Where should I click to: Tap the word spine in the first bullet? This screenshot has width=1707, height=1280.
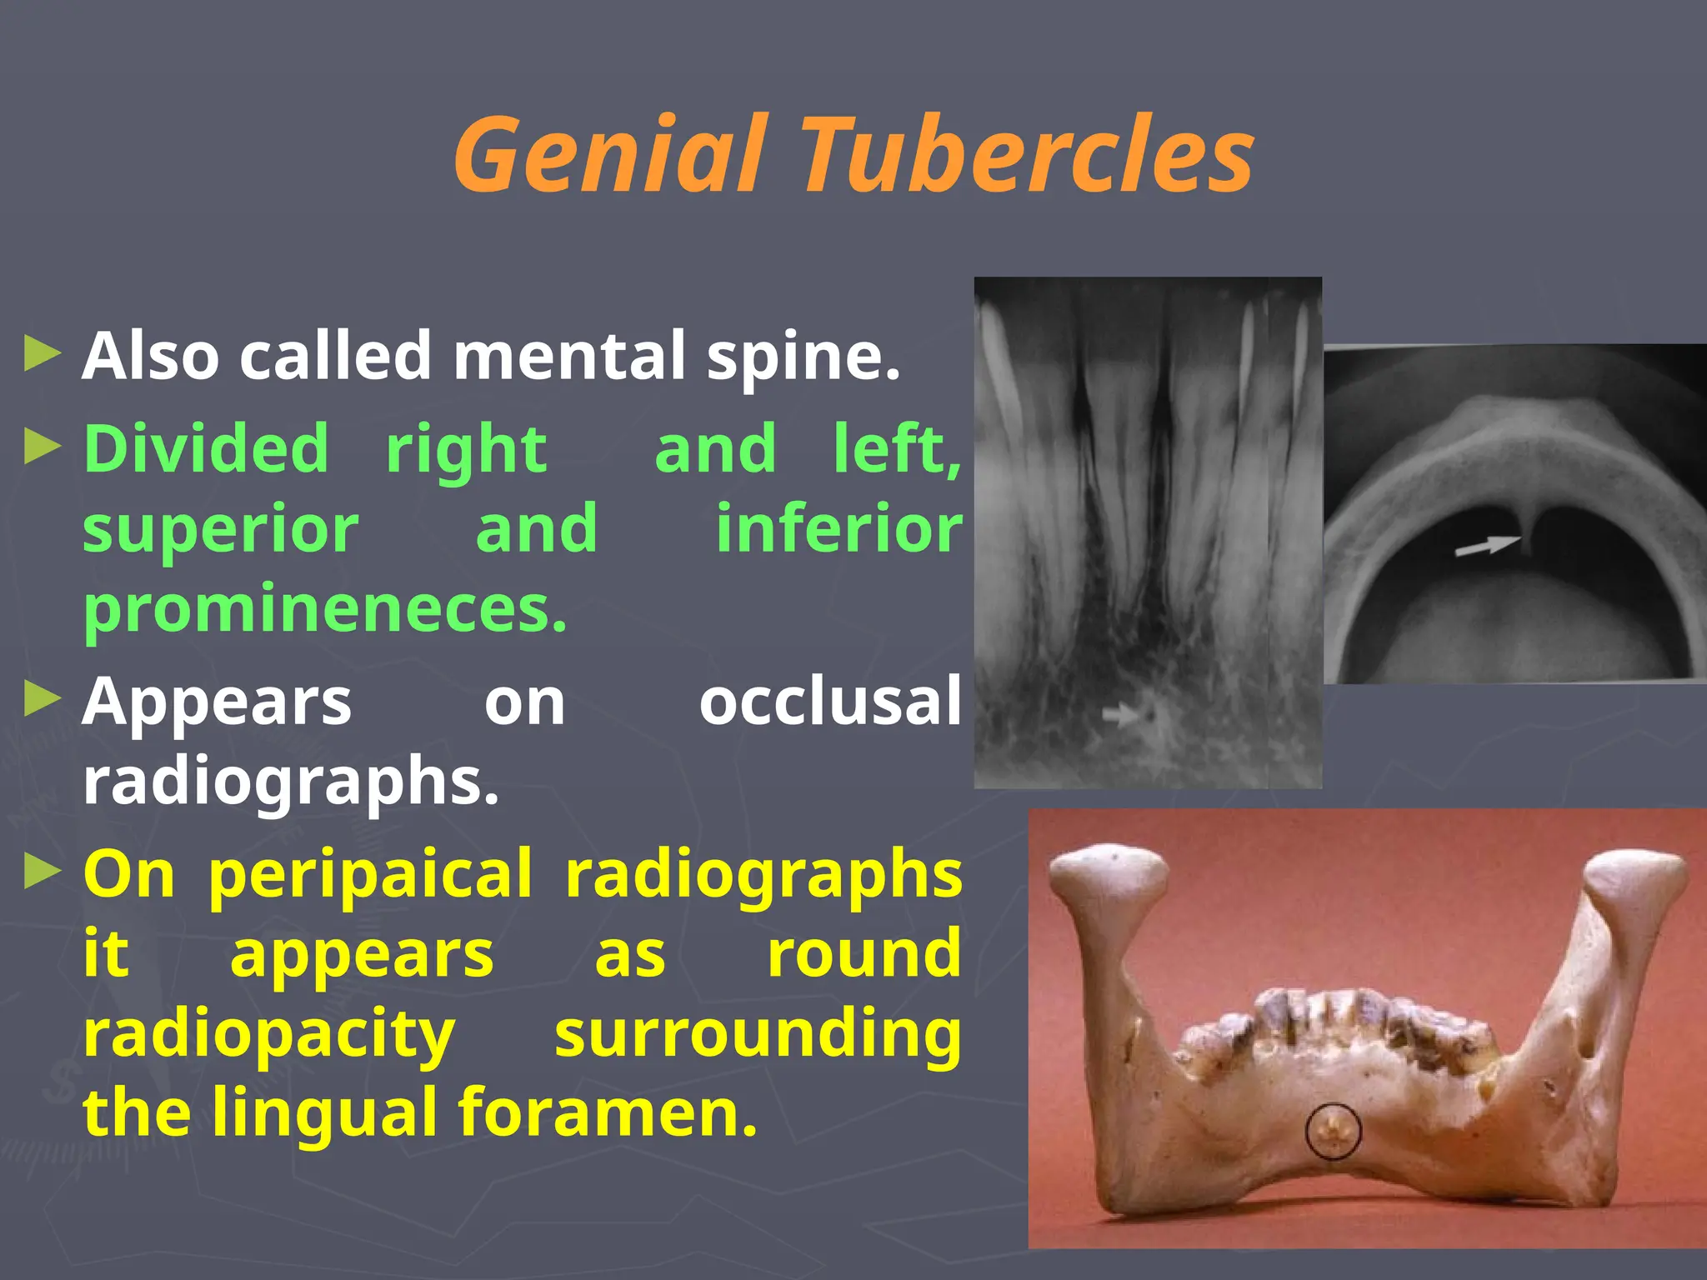click(803, 357)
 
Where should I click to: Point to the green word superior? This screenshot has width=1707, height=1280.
click(221, 529)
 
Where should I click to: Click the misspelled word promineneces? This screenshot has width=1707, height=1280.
click(325, 609)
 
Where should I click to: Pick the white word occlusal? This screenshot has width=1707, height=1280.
click(830, 701)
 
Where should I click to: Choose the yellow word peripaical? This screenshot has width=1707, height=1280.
click(370, 874)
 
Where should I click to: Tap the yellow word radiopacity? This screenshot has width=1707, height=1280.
click(269, 1034)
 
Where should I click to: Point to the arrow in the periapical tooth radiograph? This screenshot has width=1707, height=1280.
click(1121, 714)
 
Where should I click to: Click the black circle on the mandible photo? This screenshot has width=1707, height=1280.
click(1333, 1131)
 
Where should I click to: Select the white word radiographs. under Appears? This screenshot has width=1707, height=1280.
click(291, 781)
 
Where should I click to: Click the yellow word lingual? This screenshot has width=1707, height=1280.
click(326, 1112)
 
